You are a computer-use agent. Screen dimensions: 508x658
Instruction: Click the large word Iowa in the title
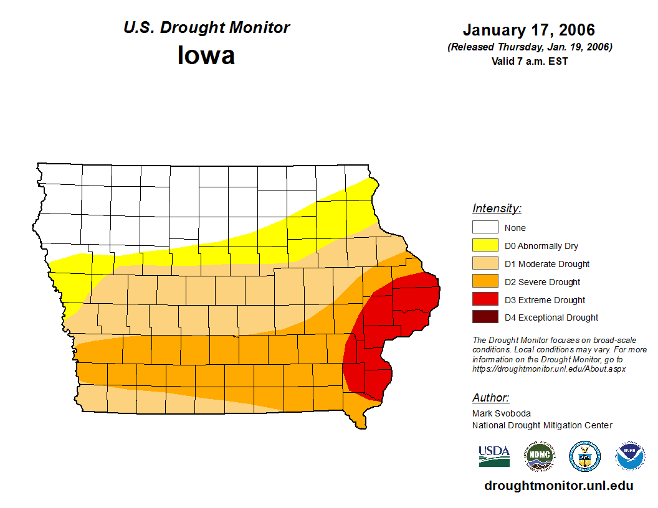206,55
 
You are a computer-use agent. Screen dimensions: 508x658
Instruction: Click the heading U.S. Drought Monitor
206,28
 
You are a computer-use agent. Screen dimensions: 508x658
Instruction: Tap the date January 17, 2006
529,30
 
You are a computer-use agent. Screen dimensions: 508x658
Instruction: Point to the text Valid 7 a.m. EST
529,61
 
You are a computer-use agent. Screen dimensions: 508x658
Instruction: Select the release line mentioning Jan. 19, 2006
529,47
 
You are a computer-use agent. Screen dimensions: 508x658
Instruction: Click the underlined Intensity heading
497,209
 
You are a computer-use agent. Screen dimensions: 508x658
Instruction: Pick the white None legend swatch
485,228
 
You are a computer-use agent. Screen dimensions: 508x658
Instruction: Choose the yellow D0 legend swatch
485,246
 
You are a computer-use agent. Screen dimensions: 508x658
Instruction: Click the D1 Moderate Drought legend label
546,264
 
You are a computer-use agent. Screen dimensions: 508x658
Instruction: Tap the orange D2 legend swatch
485,282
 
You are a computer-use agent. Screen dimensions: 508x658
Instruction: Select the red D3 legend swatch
485,300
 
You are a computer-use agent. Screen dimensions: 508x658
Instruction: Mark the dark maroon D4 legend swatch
485,317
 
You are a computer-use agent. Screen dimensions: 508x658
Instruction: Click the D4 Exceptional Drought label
551,317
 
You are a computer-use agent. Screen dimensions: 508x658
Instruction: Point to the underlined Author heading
490,398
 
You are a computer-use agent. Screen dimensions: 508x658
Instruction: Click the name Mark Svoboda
501,413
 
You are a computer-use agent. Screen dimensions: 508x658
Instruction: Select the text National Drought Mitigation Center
542,425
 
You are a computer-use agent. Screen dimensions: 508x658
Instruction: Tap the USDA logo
494,456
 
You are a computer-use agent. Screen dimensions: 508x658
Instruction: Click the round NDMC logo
539,456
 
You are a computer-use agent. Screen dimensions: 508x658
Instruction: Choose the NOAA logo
630,456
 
